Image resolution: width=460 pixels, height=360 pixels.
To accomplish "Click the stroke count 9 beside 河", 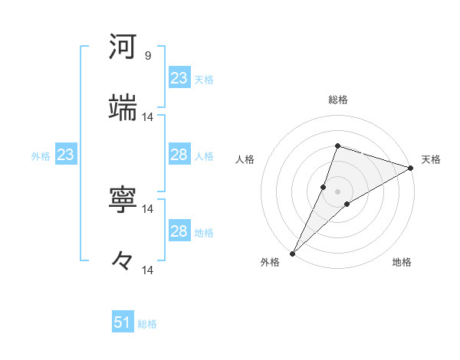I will tap(148, 56).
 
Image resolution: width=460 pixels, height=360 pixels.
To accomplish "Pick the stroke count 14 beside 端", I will tap(148, 117).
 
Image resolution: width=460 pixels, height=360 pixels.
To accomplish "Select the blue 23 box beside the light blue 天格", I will tap(179, 78).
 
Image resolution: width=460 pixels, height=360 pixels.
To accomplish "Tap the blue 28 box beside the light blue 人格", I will tap(179, 155).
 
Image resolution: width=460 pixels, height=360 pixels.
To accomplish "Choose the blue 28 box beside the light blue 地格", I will tap(179, 231).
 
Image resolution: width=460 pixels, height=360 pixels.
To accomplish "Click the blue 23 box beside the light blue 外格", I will tap(65, 155).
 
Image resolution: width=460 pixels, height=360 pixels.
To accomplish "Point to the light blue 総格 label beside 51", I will tap(147, 324).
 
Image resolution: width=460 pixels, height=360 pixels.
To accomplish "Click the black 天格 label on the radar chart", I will tap(431, 159).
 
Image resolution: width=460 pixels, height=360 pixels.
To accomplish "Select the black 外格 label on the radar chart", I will tap(270, 262).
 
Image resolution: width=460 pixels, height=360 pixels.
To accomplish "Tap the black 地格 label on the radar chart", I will tap(402, 262).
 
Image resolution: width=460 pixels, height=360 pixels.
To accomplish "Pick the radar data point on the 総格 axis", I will tap(337, 146).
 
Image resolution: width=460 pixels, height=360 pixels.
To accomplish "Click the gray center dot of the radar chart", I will tap(337, 191).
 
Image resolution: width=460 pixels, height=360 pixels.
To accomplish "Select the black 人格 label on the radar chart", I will tap(245, 159).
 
